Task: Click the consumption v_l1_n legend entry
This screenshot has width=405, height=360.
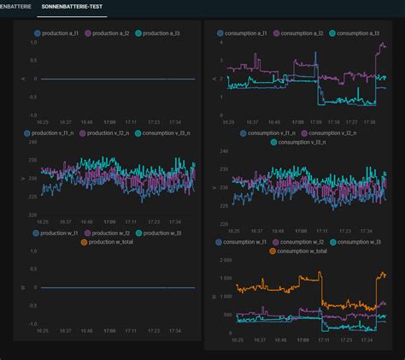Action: point(270,133)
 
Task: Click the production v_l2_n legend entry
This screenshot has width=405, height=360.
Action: point(108,133)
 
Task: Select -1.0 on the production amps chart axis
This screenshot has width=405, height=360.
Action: point(31,115)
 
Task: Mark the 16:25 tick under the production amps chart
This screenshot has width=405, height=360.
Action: point(41,122)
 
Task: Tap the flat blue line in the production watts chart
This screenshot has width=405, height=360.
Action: point(111,287)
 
